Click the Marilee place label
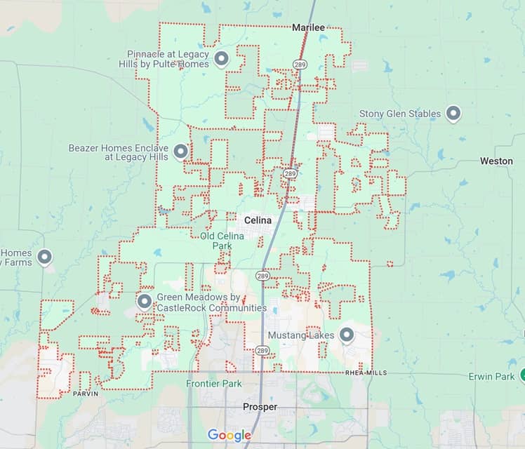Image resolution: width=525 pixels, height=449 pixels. click(x=308, y=27)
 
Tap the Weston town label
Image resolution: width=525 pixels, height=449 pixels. click(x=496, y=161)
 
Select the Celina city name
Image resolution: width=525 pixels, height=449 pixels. click(x=258, y=220)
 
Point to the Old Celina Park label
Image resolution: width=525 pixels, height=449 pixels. click(x=222, y=241)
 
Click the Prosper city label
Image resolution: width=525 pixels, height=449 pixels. click(x=260, y=407)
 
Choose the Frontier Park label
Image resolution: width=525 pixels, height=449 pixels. click(x=214, y=384)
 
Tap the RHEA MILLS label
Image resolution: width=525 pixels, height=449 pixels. click(x=366, y=373)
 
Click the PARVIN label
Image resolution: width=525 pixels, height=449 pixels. click(x=86, y=394)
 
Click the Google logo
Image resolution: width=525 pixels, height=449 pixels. click(x=229, y=436)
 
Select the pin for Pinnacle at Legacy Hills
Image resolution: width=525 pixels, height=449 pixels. click(x=222, y=59)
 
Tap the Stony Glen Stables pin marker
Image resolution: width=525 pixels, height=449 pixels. click(x=454, y=113)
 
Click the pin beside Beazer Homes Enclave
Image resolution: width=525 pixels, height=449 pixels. click(x=181, y=152)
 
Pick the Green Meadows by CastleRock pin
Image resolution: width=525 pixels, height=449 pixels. click(x=145, y=302)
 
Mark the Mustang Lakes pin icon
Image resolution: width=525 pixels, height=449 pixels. click(x=346, y=336)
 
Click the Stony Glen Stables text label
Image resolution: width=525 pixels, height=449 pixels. click(x=400, y=114)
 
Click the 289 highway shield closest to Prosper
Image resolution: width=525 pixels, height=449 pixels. click(x=262, y=349)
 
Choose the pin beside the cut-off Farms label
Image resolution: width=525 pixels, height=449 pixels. click(x=45, y=257)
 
